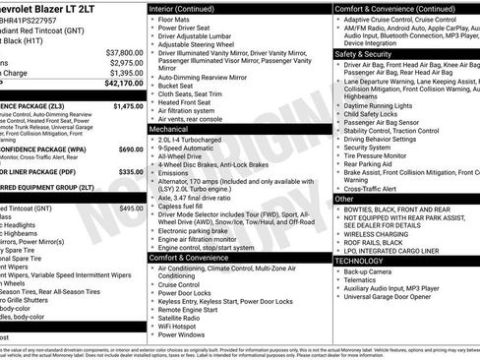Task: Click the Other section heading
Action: [344, 199]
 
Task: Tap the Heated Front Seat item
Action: [188, 101]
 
